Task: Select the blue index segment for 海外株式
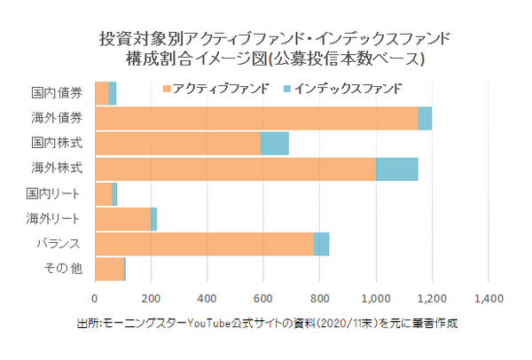(x=396, y=168)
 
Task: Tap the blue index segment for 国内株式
(x=274, y=143)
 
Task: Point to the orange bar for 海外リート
(x=122, y=219)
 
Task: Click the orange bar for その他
(x=108, y=269)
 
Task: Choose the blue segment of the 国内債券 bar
(x=113, y=92)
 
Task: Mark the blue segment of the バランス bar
(x=321, y=244)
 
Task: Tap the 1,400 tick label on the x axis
(x=489, y=298)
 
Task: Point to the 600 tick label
(x=263, y=298)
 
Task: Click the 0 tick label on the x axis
(x=95, y=298)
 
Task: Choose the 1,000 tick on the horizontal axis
(x=376, y=298)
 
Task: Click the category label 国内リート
(x=57, y=193)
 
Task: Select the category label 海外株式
(x=57, y=168)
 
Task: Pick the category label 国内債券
(x=57, y=92)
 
